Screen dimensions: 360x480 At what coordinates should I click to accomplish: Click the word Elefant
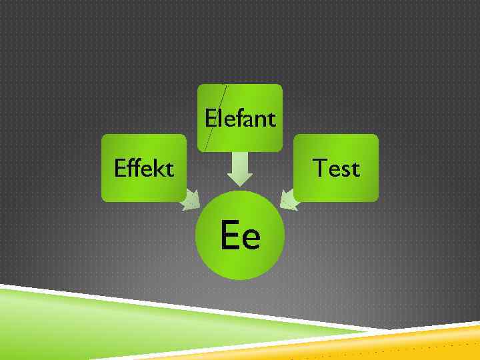click(240, 119)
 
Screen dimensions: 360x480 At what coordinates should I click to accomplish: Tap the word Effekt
click(144, 168)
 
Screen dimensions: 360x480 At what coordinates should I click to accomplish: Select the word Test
click(336, 168)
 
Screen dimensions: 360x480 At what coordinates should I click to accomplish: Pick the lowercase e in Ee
click(250, 238)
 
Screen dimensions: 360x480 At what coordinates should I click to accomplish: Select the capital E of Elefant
click(211, 119)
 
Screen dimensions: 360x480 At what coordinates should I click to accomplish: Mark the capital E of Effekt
click(119, 168)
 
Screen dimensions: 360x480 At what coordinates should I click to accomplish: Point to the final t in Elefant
click(271, 119)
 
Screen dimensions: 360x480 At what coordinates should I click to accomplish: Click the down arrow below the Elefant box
click(240, 170)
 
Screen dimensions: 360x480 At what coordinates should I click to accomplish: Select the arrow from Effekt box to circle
click(191, 200)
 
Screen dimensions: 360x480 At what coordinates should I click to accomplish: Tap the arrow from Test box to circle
click(289, 199)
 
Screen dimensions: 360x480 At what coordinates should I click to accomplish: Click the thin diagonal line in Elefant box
click(215, 117)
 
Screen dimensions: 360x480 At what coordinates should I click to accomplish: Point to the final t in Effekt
click(169, 169)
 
